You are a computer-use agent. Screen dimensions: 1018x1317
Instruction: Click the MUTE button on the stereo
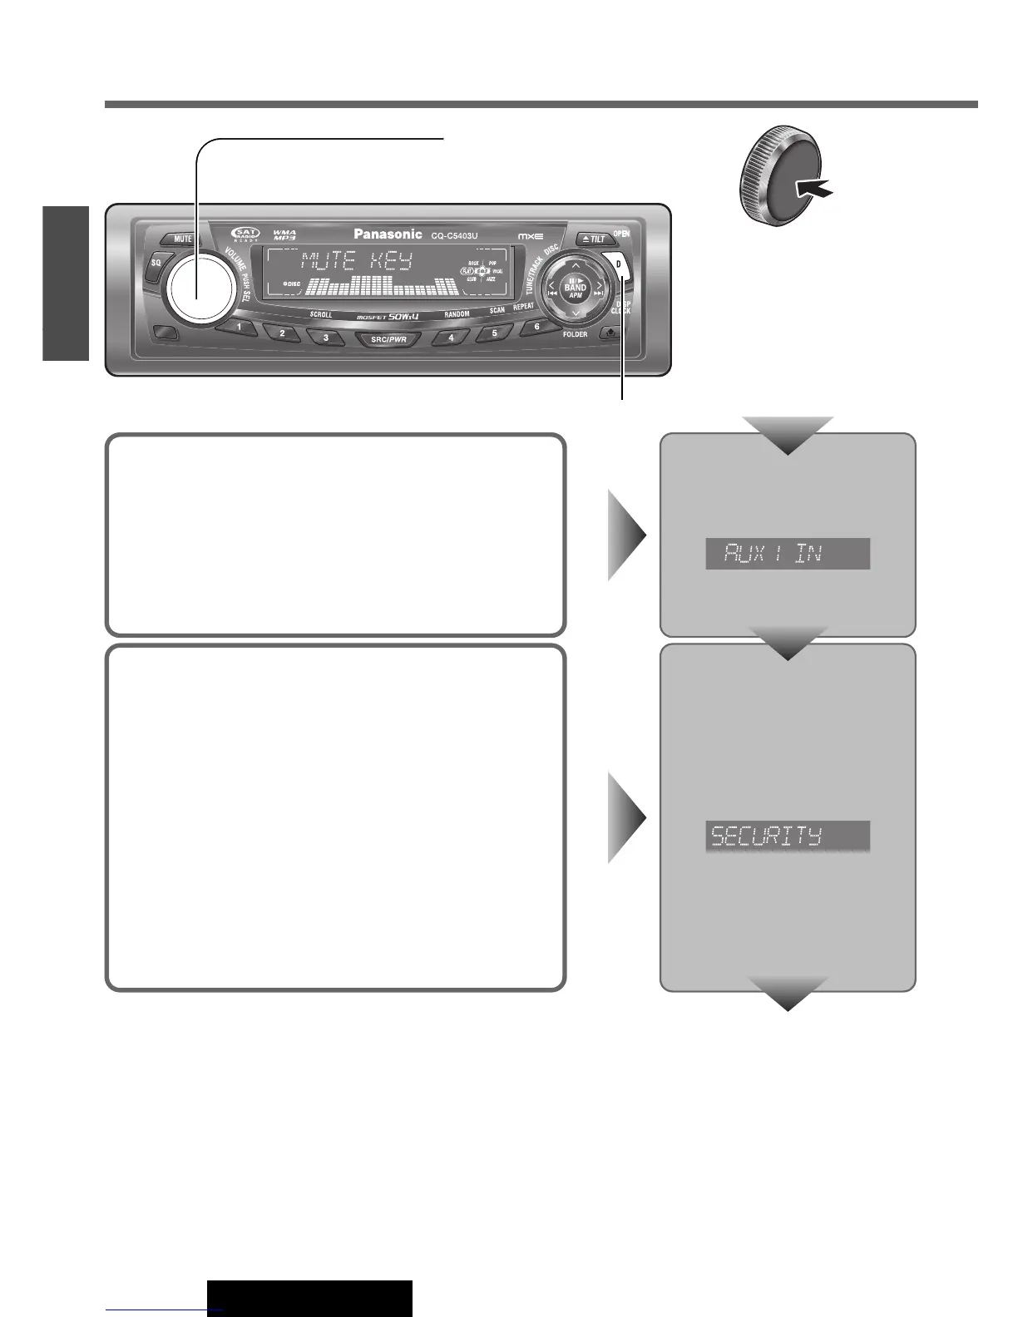(183, 239)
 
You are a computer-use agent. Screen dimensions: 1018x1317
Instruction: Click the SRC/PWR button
(388, 339)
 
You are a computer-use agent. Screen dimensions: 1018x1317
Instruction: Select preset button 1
(240, 328)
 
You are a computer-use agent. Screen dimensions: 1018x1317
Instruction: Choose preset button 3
(326, 338)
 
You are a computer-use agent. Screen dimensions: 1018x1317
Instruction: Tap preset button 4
(452, 338)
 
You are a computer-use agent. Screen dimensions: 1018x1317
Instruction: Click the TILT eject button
(594, 239)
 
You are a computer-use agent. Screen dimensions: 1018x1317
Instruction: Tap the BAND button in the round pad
(575, 289)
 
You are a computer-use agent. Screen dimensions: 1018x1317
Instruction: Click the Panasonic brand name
(388, 234)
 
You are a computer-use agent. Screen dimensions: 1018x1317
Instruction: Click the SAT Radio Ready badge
(246, 234)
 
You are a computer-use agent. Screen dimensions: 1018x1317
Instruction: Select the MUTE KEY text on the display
(356, 262)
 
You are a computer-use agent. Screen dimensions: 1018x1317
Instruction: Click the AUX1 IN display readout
(787, 554)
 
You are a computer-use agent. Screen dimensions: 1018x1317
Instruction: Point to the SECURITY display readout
(787, 836)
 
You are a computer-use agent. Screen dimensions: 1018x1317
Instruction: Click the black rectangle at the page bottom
(309, 1298)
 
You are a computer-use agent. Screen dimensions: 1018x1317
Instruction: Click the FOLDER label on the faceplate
(575, 334)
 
